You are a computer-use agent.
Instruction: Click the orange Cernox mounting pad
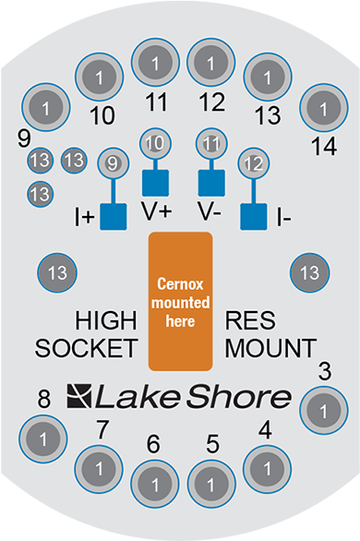[180, 300]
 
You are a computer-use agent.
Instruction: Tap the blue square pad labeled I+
[113, 217]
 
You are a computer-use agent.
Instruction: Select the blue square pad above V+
[154, 179]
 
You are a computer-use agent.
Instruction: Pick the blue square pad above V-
[212, 179]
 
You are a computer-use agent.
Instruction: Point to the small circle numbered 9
[113, 163]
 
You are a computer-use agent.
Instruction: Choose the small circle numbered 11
[212, 144]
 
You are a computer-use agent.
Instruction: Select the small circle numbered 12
[253, 163]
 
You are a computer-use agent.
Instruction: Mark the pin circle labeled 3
[324, 407]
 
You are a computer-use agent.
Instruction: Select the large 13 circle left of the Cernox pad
[57, 272]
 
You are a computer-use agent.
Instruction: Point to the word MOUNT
[270, 349]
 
